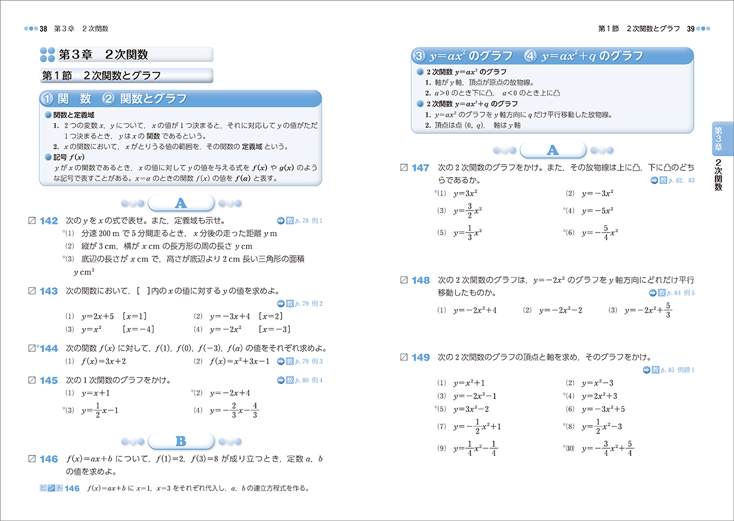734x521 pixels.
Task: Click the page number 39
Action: pos(690,28)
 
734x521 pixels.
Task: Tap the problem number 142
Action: pos(49,221)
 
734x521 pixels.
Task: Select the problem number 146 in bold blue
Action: pos(49,459)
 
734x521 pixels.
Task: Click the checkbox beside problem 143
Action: pos(32,291)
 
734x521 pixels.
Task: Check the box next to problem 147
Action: pos(403,168)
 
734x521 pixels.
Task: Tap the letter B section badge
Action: pos(180,441)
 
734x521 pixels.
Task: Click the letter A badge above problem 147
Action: pos(552,150)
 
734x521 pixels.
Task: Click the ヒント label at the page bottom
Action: pos(51,488)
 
